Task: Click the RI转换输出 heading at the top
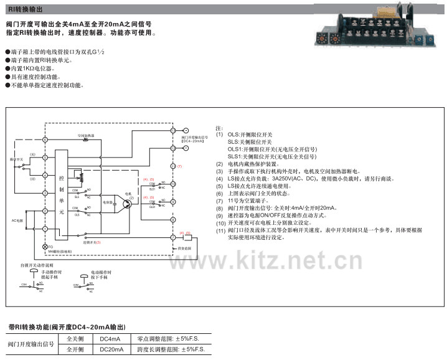(25, 7)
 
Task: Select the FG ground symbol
(44, 247)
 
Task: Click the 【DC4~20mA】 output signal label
(193, 141)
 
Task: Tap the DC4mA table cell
(110, 339)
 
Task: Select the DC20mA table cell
(111, 350)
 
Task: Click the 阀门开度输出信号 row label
(31, 344)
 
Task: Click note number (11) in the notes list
(220, 230)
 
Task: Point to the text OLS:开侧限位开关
(254, 135)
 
